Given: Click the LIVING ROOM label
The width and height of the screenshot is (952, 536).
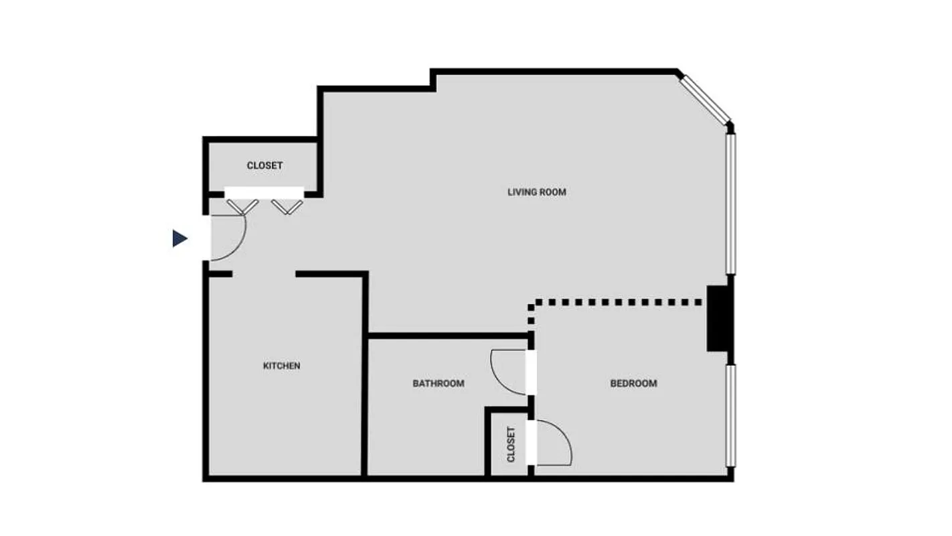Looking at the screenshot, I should click(x=536, y=192).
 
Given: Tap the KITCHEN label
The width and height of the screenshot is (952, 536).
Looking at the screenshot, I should click(x=281, y=366).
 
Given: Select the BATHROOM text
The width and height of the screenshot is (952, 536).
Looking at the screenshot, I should click(x=438, y=384).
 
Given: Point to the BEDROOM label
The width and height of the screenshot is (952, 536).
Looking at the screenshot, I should click(x=633, y=384).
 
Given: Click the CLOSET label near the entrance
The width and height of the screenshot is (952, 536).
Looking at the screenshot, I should click(x=264, y=165).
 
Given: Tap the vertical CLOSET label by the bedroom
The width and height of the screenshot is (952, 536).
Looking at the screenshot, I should click(x=511, y=444).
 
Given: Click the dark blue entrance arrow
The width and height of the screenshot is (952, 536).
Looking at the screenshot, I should click(x=179, y=238).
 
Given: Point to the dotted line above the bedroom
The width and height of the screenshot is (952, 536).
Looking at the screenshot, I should click(x=616, y=303).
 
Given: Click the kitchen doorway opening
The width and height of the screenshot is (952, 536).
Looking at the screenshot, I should click(x=264, y=274).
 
